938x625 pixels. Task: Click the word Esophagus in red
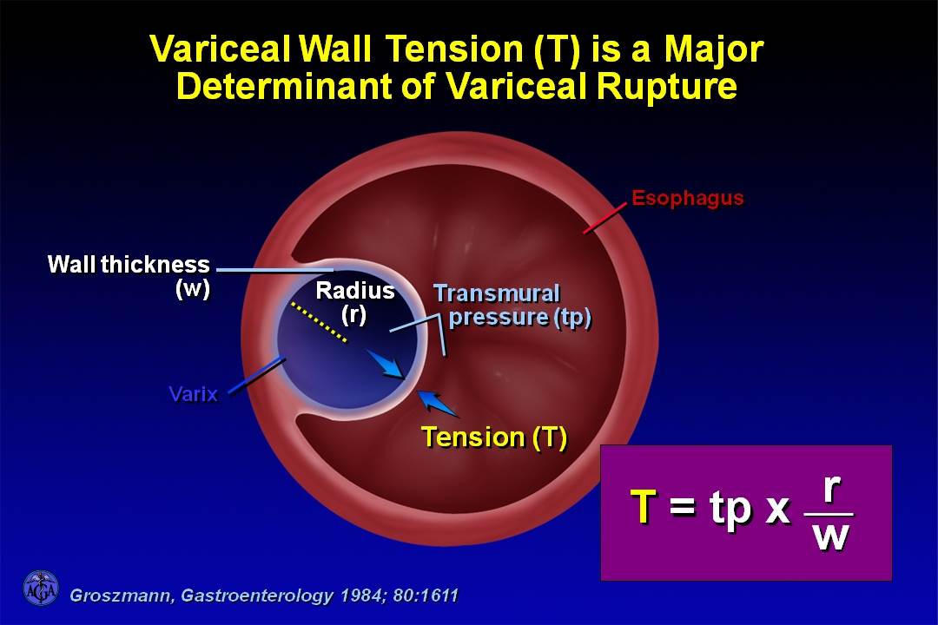click(687, 199)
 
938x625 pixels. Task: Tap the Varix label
click(193, 394)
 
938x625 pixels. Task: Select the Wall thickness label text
click(129, 265)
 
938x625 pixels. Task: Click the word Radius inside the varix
click(355, 291)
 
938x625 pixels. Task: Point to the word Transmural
click(497, 293)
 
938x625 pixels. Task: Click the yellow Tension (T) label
click(494, 437)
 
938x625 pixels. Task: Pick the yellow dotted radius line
click(319, 322)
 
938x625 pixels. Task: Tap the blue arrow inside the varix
click(386, 364)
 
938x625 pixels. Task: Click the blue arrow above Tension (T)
click(439, 404)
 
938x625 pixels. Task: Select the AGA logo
click(41, 589)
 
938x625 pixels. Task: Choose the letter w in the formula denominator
click(831, 536)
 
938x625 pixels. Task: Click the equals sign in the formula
click(683, 507)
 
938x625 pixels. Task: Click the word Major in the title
click(713, 49)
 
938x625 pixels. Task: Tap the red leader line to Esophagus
click(605, 220)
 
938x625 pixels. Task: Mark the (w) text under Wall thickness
click(193, 289)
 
